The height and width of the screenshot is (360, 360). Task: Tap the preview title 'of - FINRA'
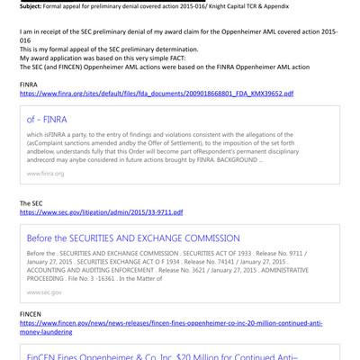[x=47, y=119]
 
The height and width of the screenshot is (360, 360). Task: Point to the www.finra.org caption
[x=45, y=173]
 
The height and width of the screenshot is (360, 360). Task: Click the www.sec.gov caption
[x=44, y=292]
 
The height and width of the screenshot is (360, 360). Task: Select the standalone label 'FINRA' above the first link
[x=30, y=84]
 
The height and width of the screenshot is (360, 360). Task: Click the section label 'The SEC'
[x=32, y=203]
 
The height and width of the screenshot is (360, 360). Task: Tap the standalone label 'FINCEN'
[x=31, y=312]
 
